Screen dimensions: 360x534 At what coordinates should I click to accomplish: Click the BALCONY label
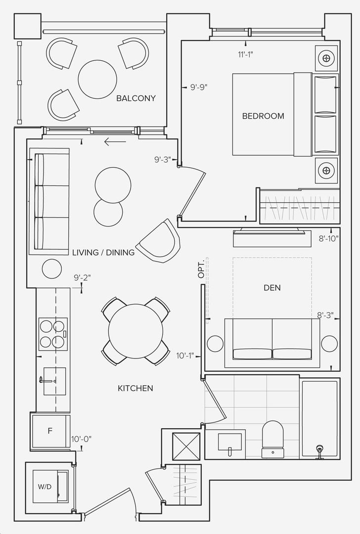[136, 98]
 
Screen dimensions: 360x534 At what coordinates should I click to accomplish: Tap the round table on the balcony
[97, 79]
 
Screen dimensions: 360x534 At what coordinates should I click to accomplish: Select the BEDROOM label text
[263, 116]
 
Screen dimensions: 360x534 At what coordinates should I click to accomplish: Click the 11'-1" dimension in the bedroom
[245, 54]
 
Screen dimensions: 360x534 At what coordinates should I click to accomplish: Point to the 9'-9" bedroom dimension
[199, 87]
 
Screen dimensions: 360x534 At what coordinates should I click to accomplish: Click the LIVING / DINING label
[103, 252]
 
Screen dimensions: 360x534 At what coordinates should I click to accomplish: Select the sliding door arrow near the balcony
[115, 142]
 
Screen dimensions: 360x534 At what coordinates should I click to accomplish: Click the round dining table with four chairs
[135, 331]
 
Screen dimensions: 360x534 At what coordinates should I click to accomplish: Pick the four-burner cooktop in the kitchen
[53, 334]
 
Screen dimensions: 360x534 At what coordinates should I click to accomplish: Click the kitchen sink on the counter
[54, 381]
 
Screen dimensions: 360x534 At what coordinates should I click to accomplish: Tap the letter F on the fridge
[50, 431]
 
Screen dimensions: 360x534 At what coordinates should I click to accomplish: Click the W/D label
[45, 487]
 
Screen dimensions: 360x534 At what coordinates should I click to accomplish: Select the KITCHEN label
[135, 388]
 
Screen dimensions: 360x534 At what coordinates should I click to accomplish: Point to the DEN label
[272, 288]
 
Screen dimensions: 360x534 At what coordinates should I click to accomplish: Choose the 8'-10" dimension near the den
[328, 239]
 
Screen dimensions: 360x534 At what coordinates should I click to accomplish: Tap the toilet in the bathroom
[272, 439]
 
